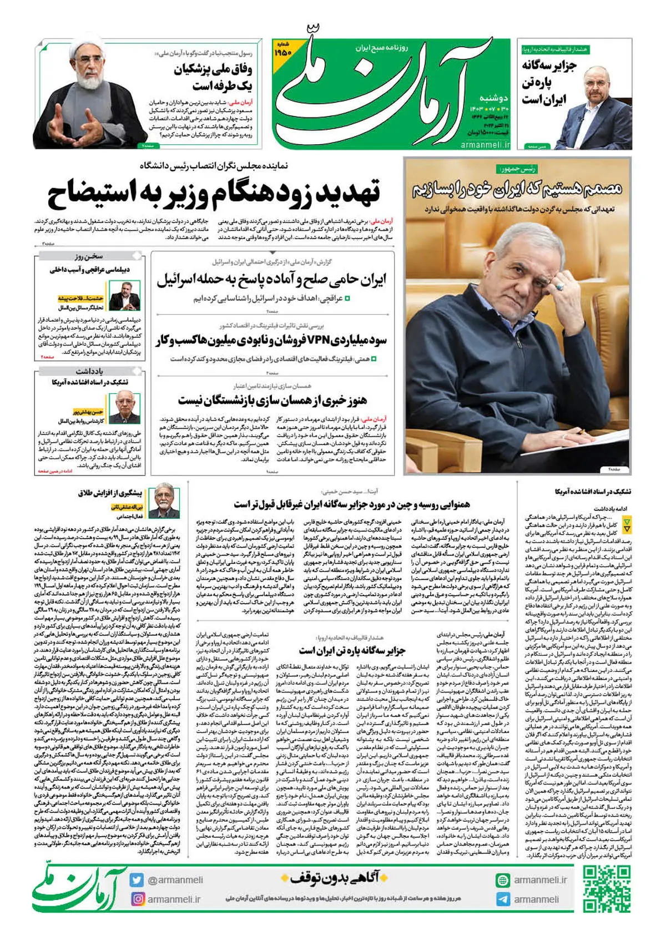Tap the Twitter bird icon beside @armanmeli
[x=137, y=880]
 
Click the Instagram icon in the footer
[x=137, y=899]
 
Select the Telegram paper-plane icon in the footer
[x=503, y=899]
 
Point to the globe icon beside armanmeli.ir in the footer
[x=503, y=880]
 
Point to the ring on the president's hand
[x=560, y=287]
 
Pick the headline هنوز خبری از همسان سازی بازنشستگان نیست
[x=272, y=399]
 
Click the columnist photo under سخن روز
[x=124, y=296]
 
